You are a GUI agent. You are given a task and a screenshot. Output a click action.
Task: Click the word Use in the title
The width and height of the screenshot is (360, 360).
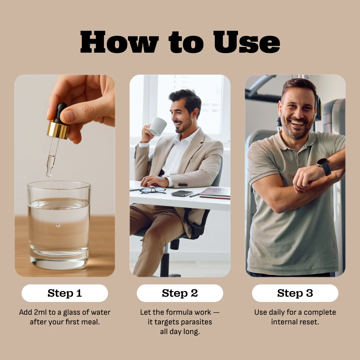click(247, 42)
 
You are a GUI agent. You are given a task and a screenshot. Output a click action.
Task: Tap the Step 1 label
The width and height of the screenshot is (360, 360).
click(65, 293)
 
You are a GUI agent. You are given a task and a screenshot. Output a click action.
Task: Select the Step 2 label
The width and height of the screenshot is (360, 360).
click(180, 293)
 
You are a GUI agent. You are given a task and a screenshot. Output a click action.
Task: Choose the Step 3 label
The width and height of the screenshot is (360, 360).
click(295, 293)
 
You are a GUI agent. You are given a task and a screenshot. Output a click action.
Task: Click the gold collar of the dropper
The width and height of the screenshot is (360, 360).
click(58, 130)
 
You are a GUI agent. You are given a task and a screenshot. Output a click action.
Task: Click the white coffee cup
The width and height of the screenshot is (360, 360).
click(158, 127)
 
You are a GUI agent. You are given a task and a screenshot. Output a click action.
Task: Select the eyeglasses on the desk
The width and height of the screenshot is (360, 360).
click(153, 190)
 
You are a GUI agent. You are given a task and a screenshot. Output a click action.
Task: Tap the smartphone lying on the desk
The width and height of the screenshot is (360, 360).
click(182, 193)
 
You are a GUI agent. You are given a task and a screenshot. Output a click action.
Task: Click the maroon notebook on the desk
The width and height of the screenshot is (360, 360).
click(215, 193)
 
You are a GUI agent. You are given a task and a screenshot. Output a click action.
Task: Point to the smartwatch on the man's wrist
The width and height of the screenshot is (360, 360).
click(324, 166)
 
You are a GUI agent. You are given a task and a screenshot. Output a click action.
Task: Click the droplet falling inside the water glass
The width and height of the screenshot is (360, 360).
click(58, 225)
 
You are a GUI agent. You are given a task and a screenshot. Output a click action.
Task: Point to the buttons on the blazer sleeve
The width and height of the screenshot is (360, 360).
click(183, 185)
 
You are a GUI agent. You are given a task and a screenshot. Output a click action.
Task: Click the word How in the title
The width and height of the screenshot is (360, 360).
click(119, 42)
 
